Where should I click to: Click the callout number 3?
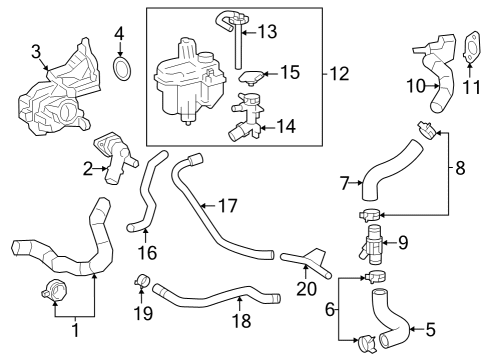pos(36,51)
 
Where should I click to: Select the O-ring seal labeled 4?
pos(122,70)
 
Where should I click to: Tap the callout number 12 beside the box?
pos(343,73)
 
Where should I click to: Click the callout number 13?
pos(267,32)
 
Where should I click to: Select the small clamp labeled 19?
pos(143,280)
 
